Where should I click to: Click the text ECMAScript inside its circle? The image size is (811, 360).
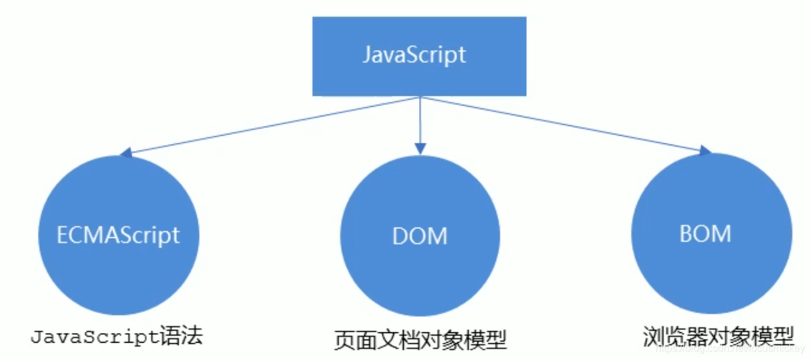coord(118,235)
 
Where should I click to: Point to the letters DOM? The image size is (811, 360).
coord(420,237)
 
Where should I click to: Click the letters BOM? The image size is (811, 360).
coord(705,234)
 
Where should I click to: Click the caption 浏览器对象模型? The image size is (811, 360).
coord(718,336)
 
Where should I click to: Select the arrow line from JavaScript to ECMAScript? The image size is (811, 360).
coord(270,126)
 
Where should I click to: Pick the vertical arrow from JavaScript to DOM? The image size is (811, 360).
coord(420,122)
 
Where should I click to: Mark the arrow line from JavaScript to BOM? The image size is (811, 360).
coord(566,125)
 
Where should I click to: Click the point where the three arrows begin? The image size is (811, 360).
coord(420,98)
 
